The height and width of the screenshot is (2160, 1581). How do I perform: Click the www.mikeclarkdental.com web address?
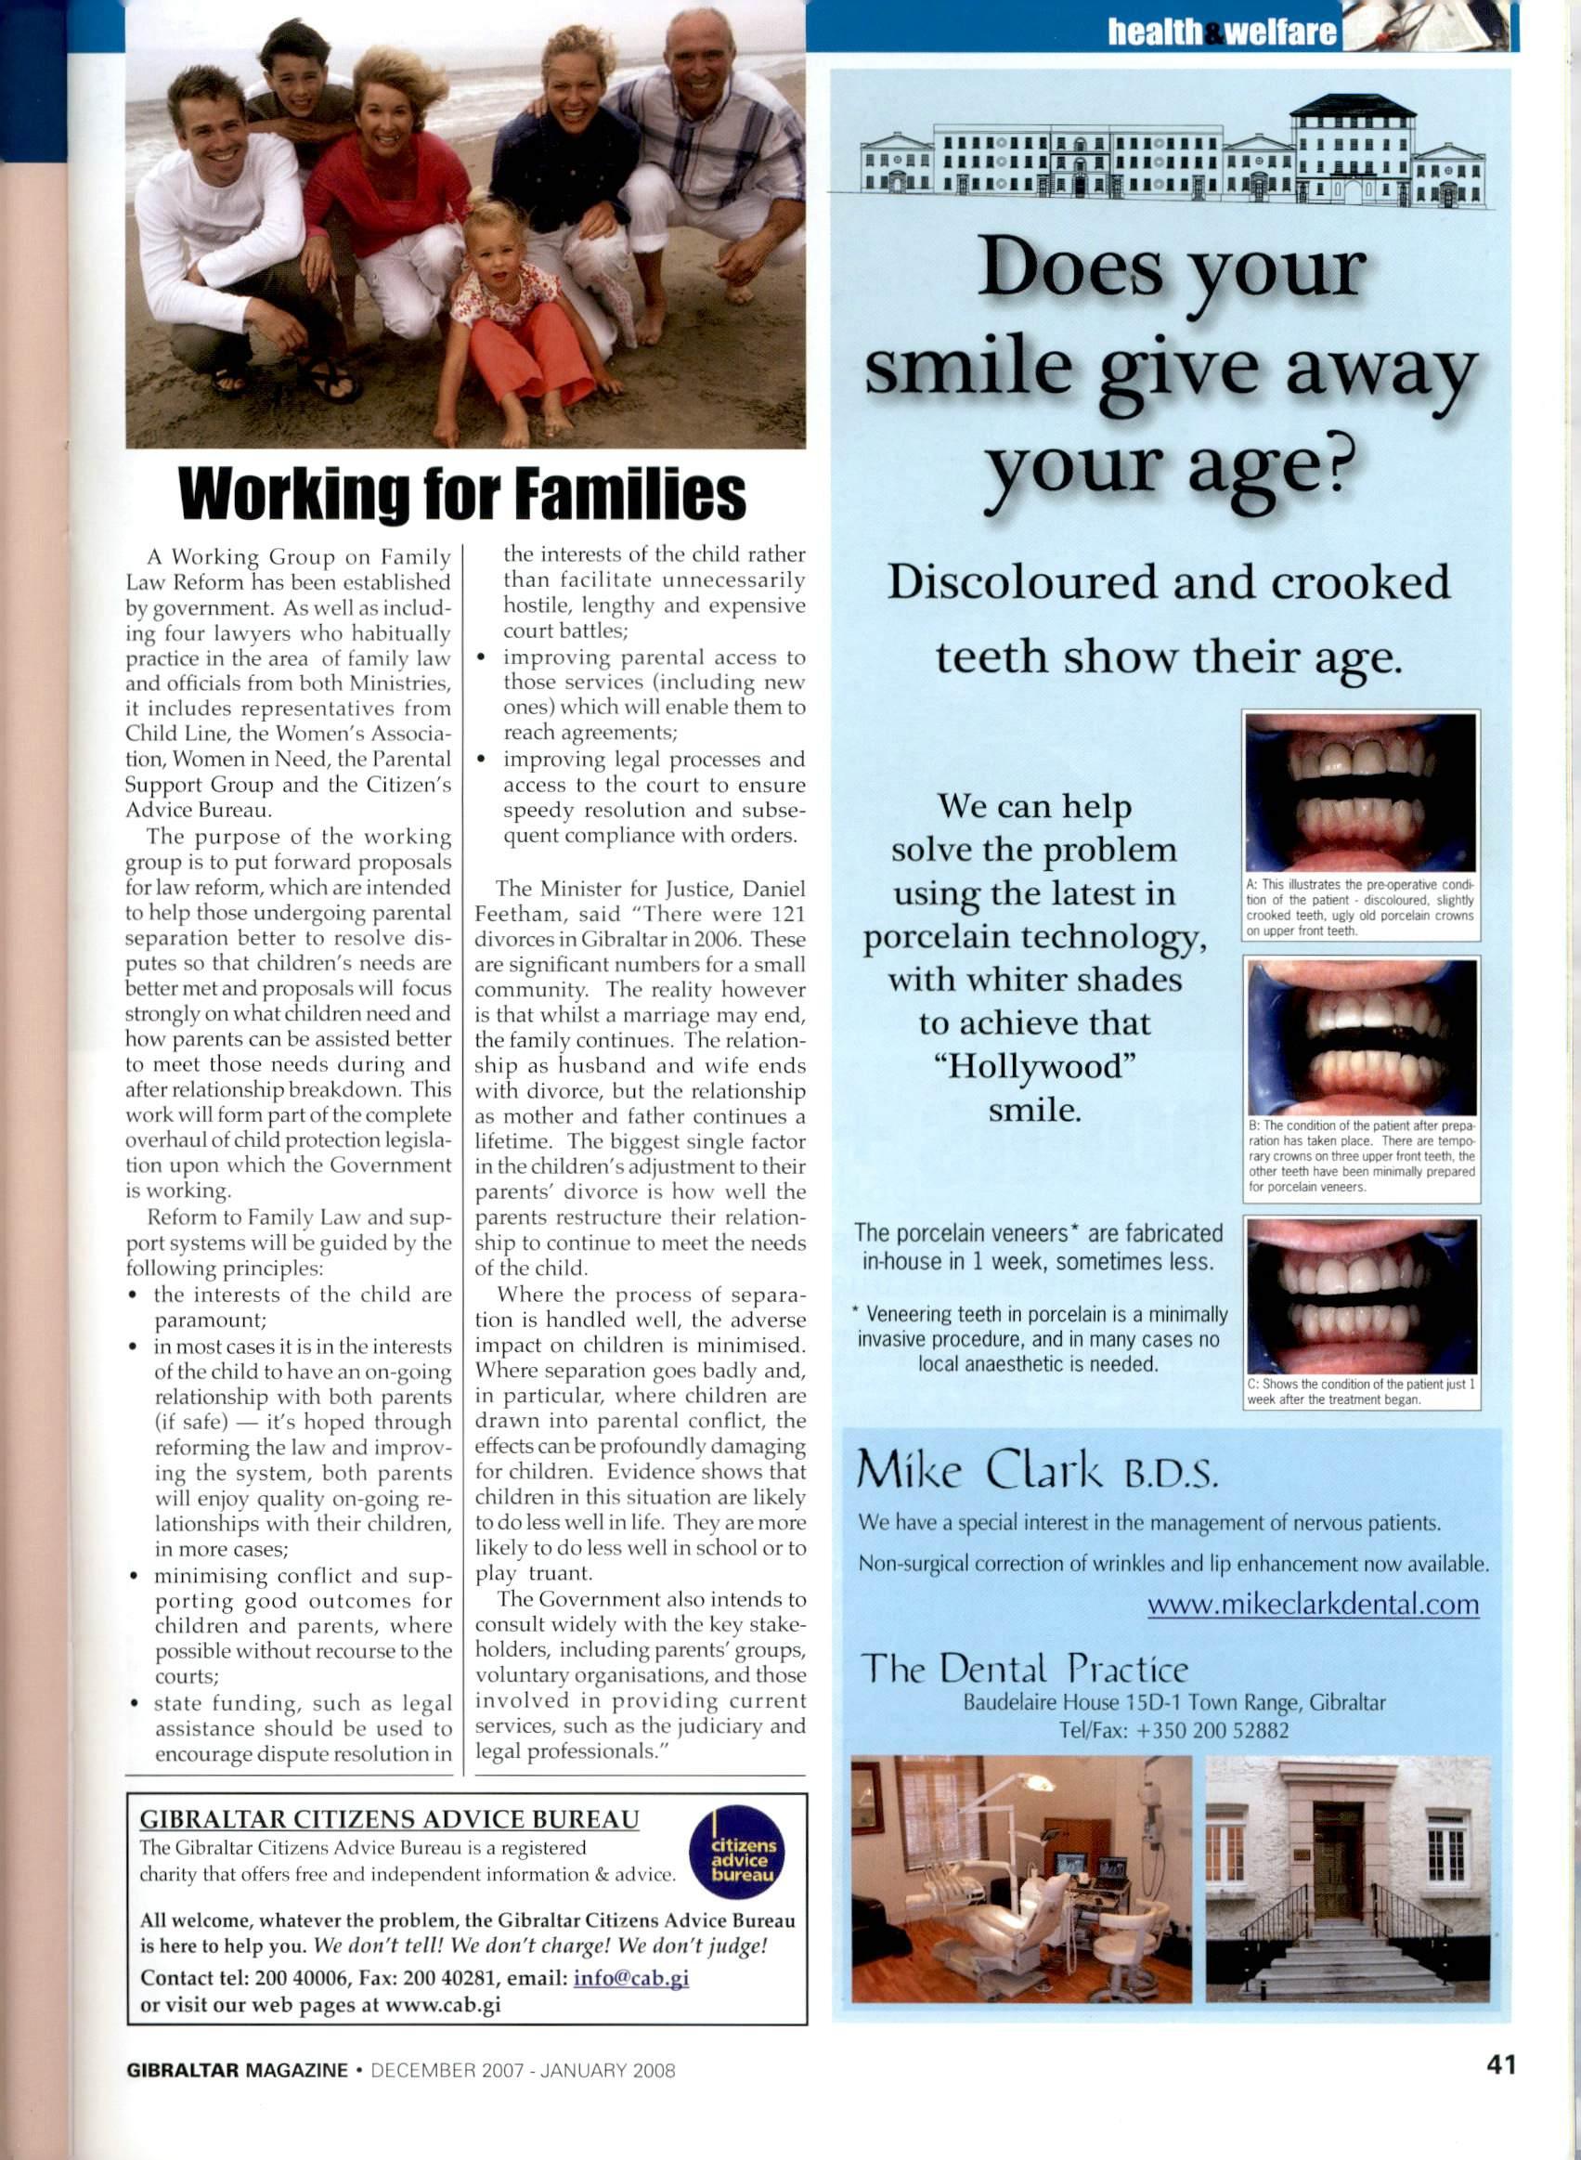click(x=1313, y=1604)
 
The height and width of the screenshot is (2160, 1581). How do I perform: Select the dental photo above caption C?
click(x=1362, y=1295)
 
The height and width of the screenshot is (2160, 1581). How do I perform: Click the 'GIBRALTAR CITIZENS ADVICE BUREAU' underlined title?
click(x=390, y=1818)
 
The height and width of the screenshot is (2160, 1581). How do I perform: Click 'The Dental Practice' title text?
click(x=1025, y=1670)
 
